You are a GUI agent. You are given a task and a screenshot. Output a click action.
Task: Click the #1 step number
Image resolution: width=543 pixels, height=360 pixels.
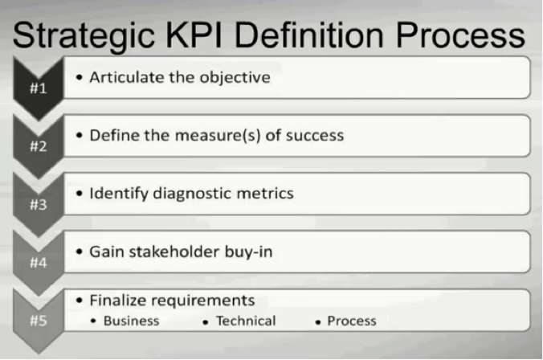(39, 88)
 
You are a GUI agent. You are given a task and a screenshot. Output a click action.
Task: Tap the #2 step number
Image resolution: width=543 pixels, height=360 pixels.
(39, 145)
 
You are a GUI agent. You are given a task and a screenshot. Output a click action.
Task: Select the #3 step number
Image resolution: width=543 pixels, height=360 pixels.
(39, 203)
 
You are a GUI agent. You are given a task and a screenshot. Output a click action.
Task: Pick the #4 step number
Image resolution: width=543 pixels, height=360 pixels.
(39, 262)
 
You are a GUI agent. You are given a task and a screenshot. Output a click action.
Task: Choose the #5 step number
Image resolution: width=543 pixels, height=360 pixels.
(39, 321)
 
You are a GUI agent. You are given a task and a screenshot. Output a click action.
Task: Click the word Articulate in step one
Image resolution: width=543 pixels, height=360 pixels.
(125, 78)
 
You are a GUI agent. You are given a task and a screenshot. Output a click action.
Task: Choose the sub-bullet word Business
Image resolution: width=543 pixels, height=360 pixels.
(131, 321)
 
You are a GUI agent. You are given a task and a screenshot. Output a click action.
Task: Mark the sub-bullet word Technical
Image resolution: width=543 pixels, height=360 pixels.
(245, 321)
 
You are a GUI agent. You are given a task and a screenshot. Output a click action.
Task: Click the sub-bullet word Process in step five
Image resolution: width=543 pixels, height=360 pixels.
(351, 321)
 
